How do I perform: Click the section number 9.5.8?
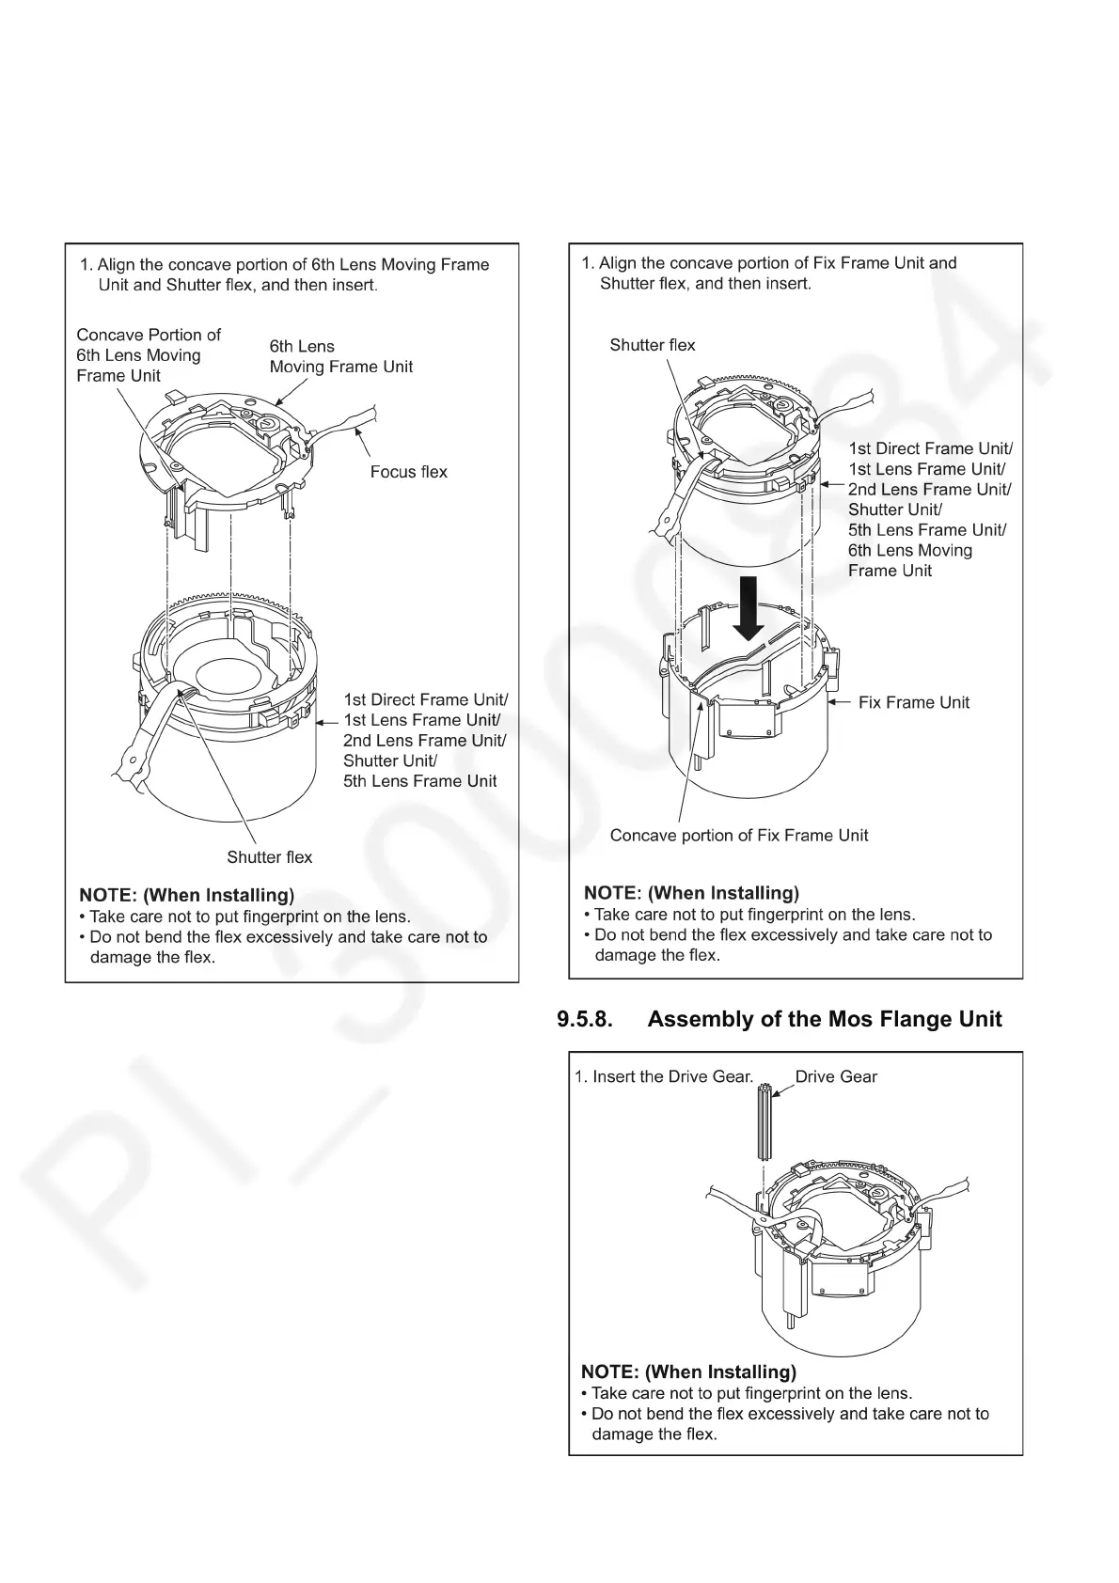pyautogui.click(x=583, y=1020)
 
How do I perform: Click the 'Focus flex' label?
pyautogui.click(x=408, y=472)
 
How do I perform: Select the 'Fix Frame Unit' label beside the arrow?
pyautogui.click(x=913, y=702)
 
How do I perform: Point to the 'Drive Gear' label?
pyautogui.click(x=836, y=1077)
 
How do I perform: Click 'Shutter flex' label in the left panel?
pyautogui.click(x=269, y=857)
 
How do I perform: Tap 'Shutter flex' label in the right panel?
pyautogui.click(x=652, y=345)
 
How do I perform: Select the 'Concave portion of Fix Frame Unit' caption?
pyautogui.click(x=738, y=836)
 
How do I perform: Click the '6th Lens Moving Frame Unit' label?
pyautogui.click(x=340, y=356)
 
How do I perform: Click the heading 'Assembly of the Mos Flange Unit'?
pyautogui.click(x=824, y=1020)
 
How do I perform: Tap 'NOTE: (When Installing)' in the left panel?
pyautogui.click(x=186, y=895)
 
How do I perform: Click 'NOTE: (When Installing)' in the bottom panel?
pyautogui.click(x=688, y=1371)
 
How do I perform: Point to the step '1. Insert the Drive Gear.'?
pyautogui.click(x=664, y=1077)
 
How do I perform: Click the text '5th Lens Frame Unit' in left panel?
pyautogui.click(x=419, y=781)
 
